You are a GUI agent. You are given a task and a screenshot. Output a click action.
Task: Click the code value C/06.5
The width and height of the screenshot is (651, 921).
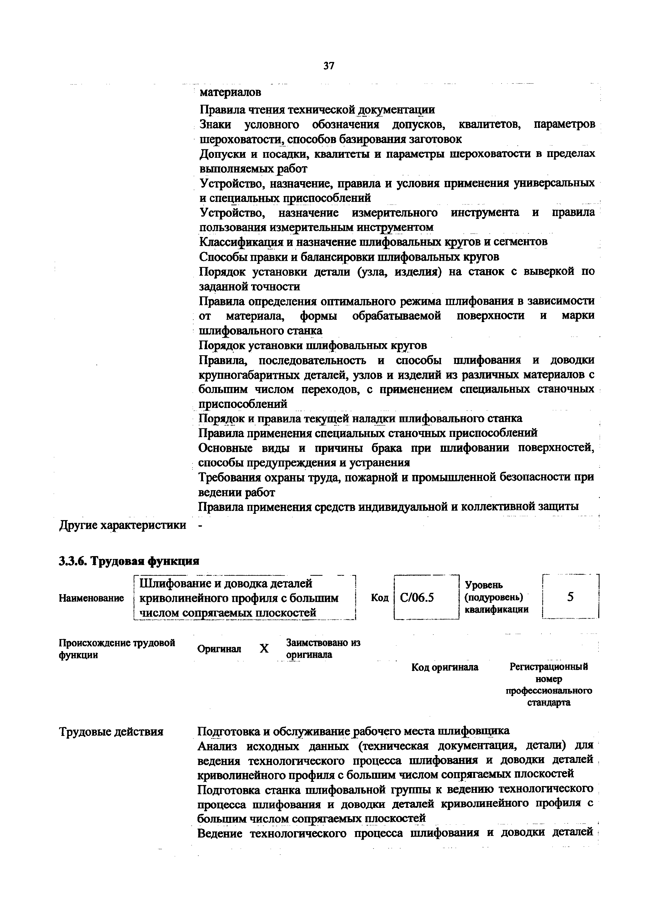point(417,598)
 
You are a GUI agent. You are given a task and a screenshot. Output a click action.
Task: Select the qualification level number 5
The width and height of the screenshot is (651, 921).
point(570,597)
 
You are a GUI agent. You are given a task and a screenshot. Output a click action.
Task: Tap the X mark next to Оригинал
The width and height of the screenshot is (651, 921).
point(264,649)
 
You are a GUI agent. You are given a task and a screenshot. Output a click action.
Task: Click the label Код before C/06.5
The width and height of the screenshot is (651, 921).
point(380,598)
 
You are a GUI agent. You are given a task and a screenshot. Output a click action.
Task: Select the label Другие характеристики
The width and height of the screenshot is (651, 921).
point(123,525)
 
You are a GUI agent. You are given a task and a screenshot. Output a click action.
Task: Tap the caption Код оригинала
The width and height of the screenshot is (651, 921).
point(445,667)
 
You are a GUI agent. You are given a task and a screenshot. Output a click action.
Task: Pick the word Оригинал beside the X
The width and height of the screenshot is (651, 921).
point(219,649)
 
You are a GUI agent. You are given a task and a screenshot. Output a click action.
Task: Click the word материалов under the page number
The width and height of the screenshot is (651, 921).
point(230,92)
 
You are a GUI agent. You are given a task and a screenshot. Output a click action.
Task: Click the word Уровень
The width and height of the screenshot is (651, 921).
point(483,585)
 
